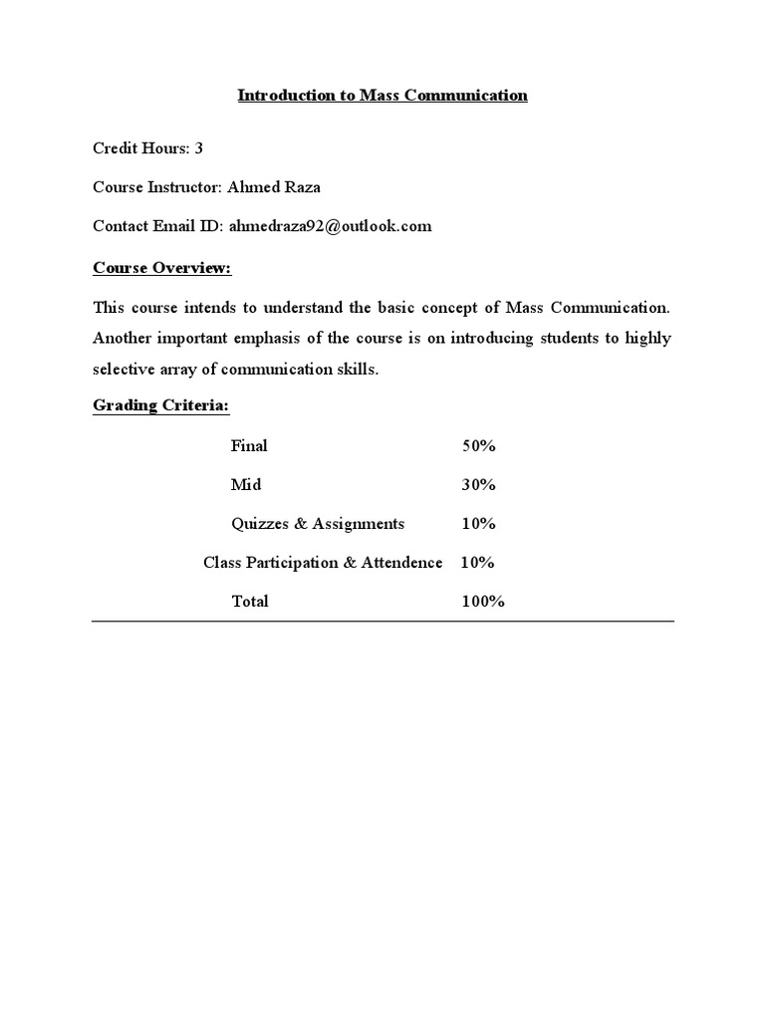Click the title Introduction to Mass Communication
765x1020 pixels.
tap(382, 96)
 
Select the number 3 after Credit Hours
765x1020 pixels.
tap(199, 148)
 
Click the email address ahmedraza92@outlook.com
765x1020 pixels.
tap(330, 226)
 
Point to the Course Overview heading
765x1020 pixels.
tap(161, 268)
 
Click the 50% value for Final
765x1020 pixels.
tap(478, 446)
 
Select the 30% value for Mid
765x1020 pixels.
tap(478, 485)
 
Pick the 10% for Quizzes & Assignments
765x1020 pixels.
tap(478, 524)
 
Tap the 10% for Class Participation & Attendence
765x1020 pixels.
tap(477, 563)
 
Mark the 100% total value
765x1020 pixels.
tap(483, 602)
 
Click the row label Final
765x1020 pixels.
tap(249, 446)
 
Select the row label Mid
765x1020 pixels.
tap(246, 485)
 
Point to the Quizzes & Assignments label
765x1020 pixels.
tap(318, 524)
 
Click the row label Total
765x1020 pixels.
tap(249, 602)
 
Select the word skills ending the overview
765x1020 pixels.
tap(360, 371)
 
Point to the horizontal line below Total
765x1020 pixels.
tap(382, 622)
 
